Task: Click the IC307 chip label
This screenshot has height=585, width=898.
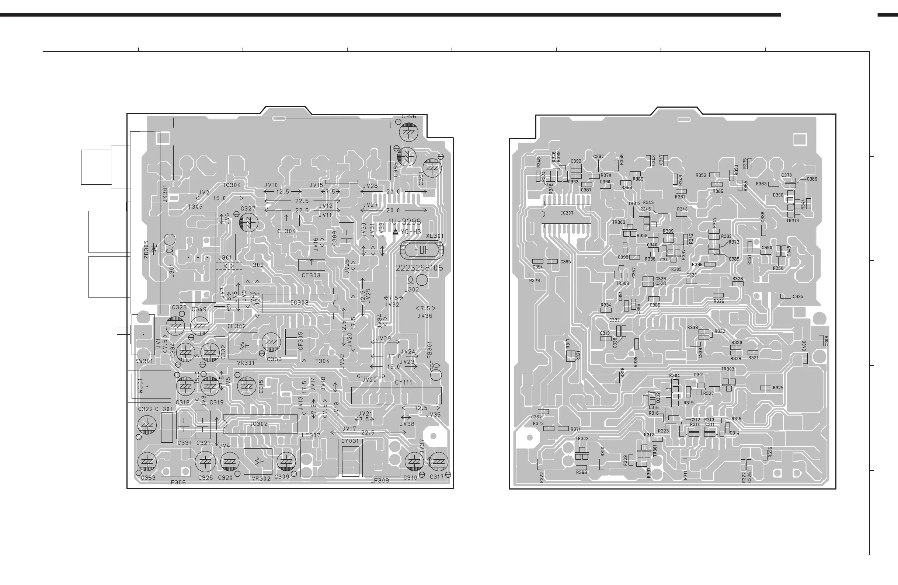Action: click(x=567, y=213)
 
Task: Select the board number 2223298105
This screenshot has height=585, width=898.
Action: click(x=419, y=268)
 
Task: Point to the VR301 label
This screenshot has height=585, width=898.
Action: click(x=245, y=363)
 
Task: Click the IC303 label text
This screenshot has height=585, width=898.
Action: click(x=300, y=303)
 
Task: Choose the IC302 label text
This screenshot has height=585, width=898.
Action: click(x=259, y=424)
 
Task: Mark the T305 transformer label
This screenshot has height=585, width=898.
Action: click(x=195, y=207)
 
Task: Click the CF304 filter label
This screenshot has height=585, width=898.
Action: click(x=287, y=231)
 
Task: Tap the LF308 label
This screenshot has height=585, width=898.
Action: click(x=380, y=481)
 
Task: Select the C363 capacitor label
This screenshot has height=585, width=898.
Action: click(x=148, y=478)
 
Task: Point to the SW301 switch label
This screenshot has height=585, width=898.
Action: click(x=144, y=361)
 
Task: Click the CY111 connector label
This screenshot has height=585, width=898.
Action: click(x=403, y=383)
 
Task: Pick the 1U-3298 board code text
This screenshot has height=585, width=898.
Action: click(x=405, y=222)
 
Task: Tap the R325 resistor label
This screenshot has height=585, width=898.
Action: click(x=778, y=388)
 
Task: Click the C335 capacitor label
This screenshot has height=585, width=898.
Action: click(x=798, y=296)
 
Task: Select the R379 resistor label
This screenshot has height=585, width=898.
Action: click(x=534, y=281)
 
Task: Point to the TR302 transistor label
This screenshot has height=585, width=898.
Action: click(x=582, y=439)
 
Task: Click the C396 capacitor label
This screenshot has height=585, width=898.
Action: click(x=408, y=116)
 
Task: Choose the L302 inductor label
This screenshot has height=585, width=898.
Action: click(x=411, y=290)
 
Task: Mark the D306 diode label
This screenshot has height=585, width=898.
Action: click(x=778, y=195)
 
